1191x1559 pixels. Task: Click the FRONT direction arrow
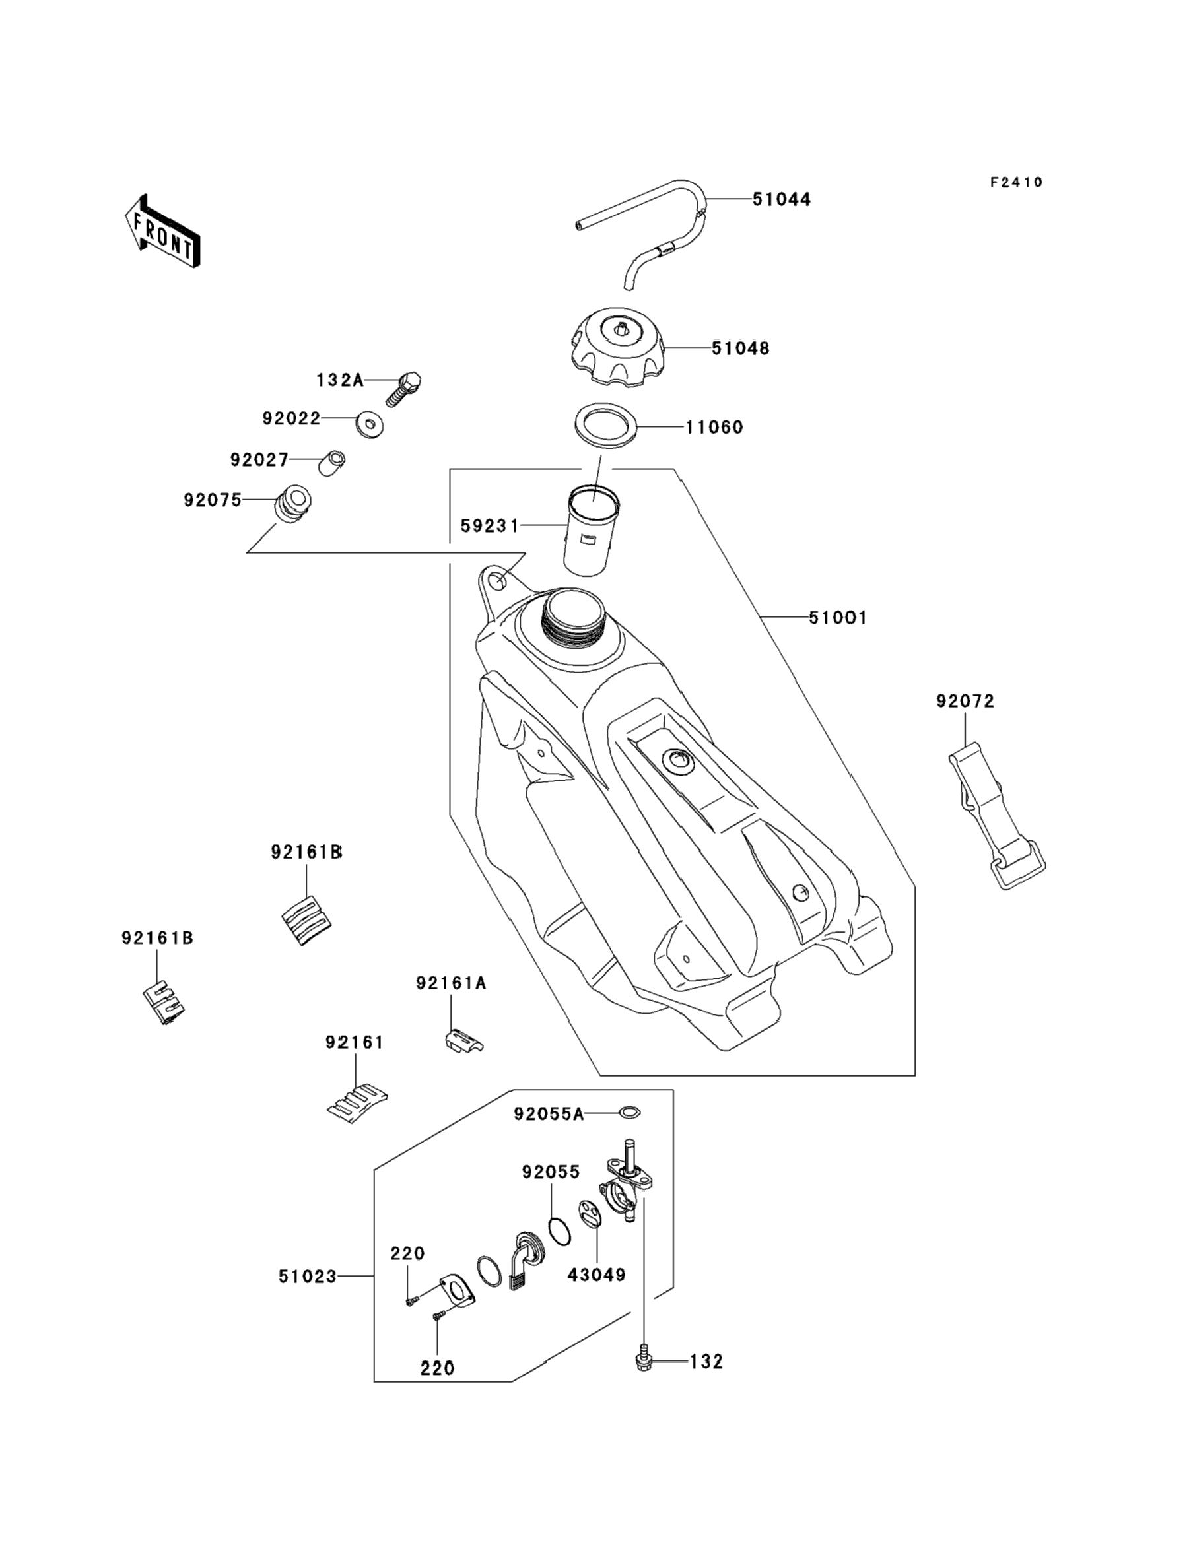point(162,232)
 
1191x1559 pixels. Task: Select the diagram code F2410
point(1016,183)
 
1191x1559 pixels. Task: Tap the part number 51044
point(781,200)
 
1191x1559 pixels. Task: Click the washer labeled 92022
point(369,424)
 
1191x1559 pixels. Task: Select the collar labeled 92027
point(331,463)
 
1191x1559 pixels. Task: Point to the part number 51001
point(838,618)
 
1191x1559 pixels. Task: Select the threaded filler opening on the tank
point(573,614)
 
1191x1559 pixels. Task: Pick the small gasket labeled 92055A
point(630,1113)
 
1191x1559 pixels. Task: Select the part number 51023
point(307,1277)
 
